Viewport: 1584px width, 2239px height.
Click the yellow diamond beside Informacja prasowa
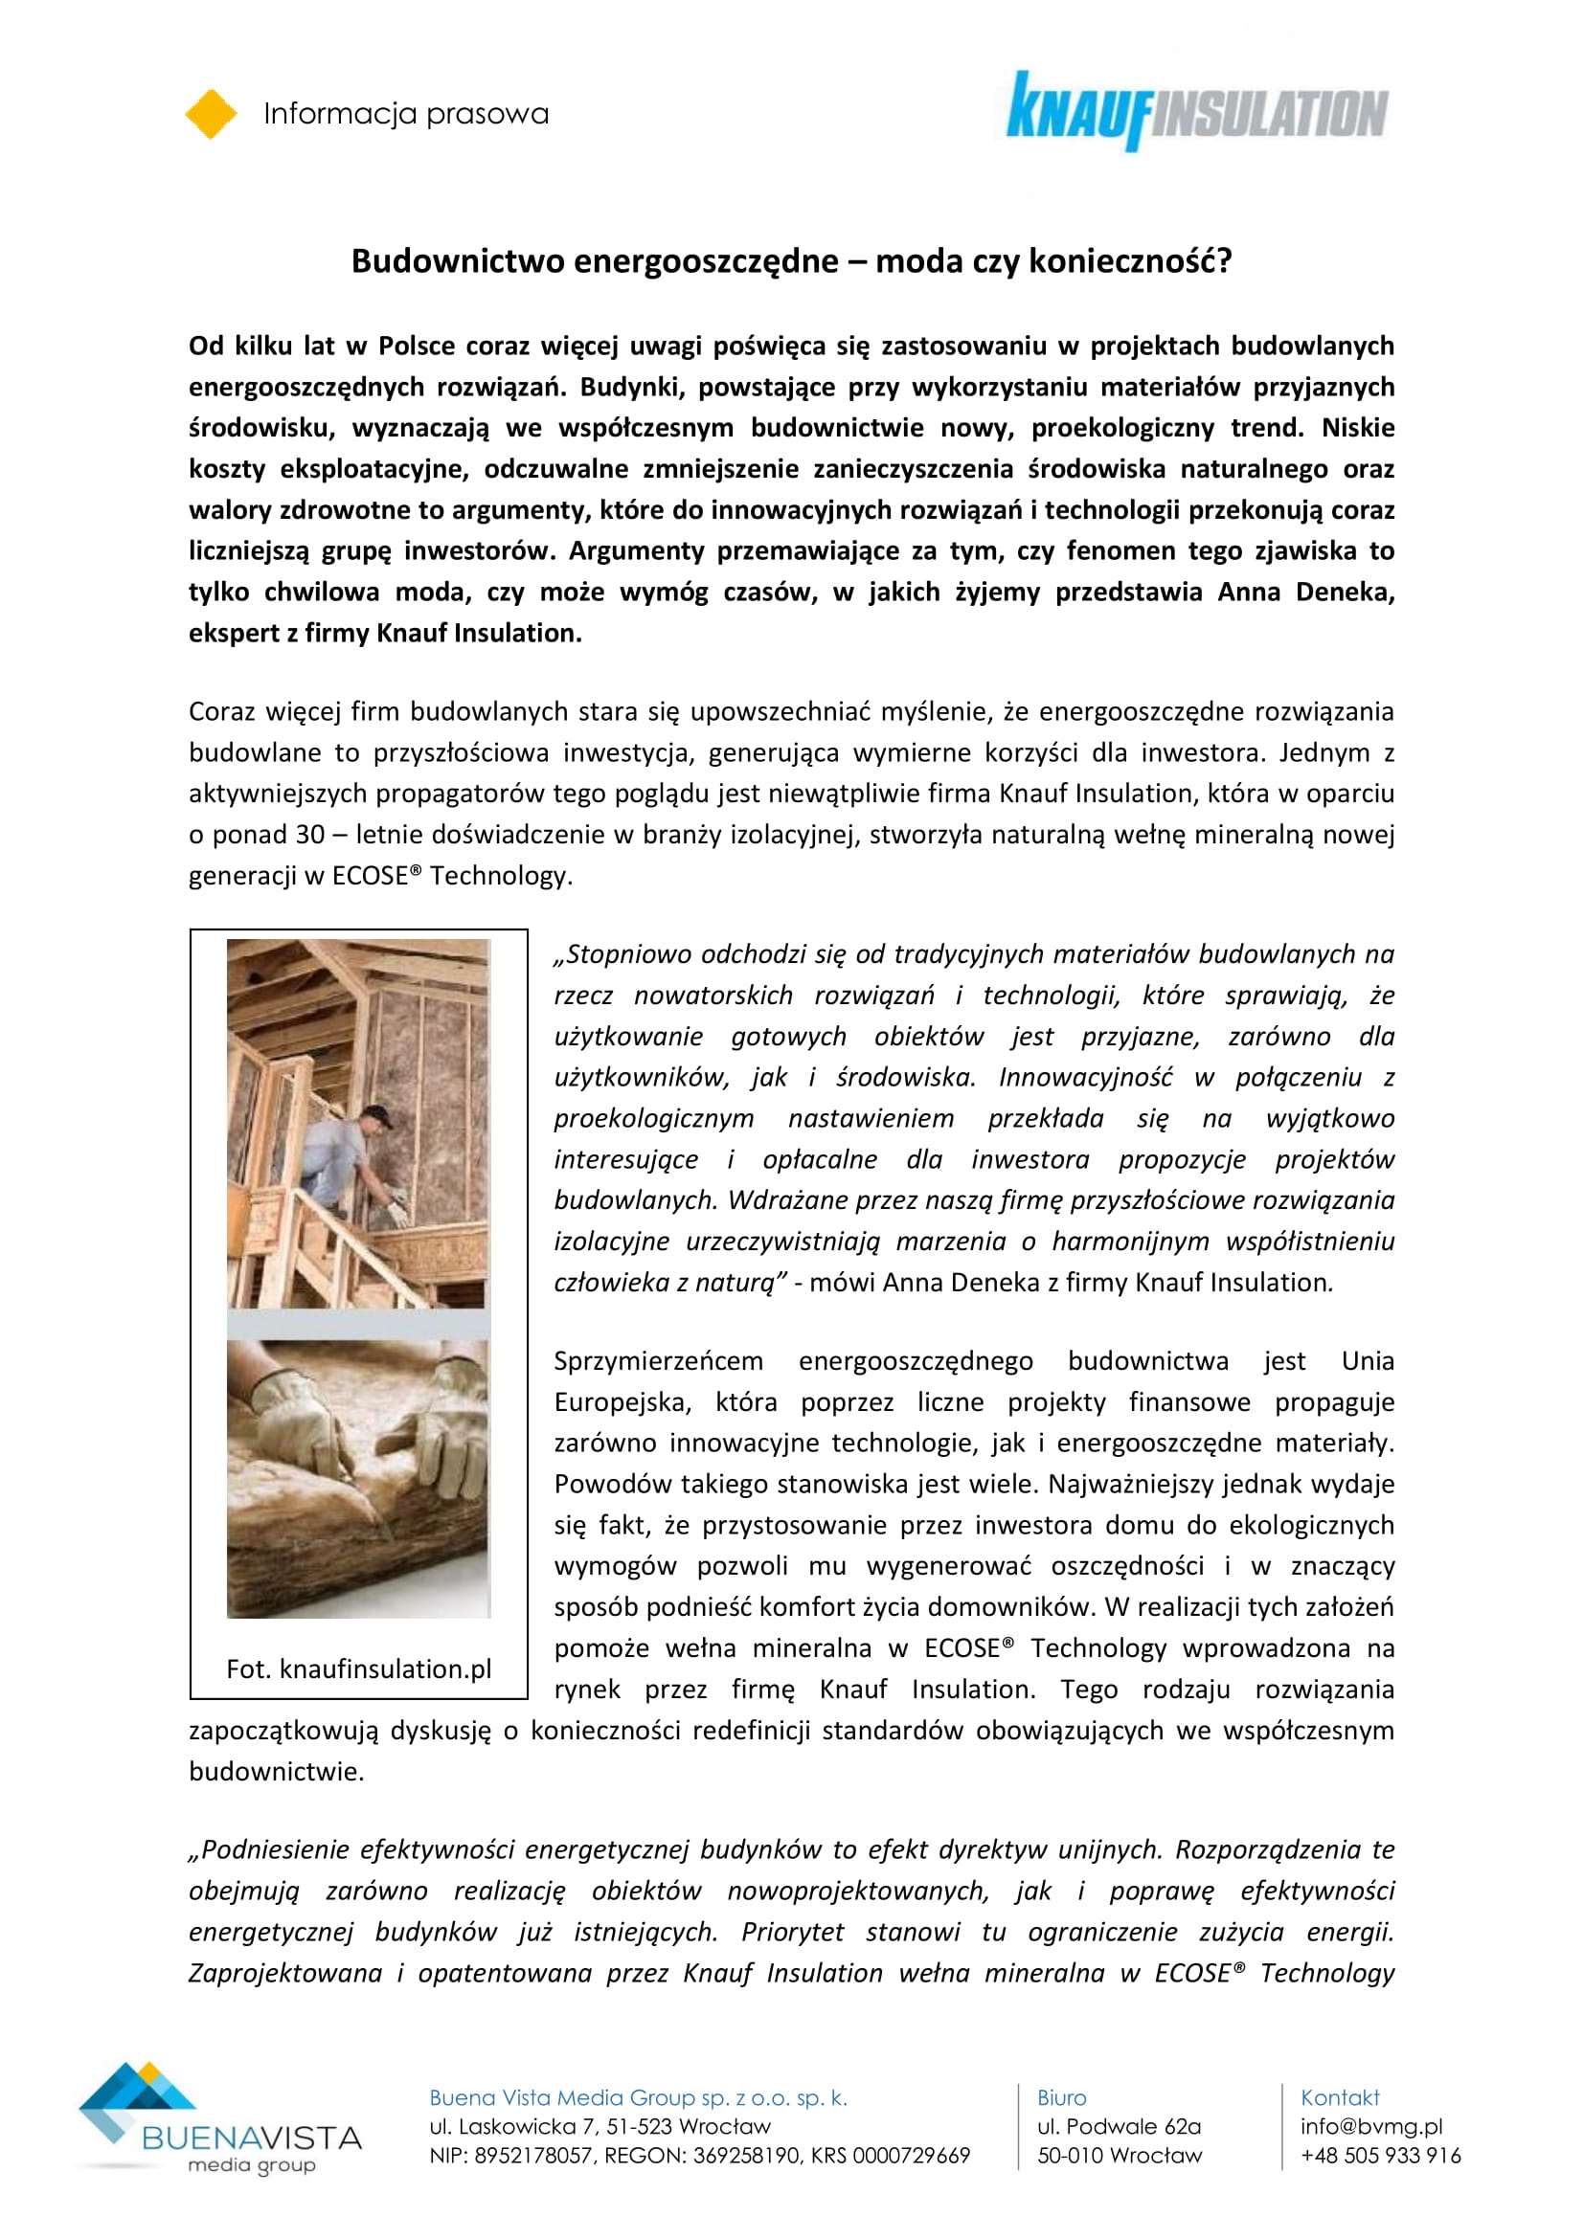click(x=211, y=114)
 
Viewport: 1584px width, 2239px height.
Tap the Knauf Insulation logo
click(x=1197, y=111)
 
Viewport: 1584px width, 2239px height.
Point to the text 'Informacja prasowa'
click(x=406, y=114)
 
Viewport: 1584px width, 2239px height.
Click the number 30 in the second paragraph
click(x=309, y=835)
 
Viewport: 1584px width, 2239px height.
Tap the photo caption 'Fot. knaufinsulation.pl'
click(x=359, y=1668)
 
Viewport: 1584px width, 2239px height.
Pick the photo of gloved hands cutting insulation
click(x=359, y=1478)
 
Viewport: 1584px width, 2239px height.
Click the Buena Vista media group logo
click(x=220, y=2117)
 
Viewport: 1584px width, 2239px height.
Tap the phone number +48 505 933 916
click(x=1380, y=2155)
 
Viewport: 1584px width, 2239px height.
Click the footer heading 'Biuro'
click(x=1061, y=2097)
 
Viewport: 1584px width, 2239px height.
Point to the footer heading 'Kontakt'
click(x=1339, y=2097)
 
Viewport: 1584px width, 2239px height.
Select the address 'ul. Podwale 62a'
click(x=1119, y=2126)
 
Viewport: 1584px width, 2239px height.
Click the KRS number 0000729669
click(x=911, y=2155)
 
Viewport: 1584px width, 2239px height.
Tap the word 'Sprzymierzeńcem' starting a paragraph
click(x=658, y=1361)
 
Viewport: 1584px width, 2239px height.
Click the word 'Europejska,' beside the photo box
click(x=622, y=1402)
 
